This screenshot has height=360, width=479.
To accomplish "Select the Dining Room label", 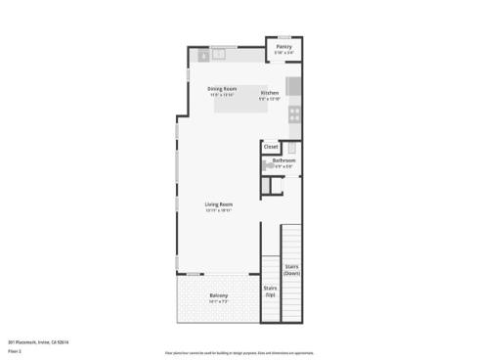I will click(x=222, y=89).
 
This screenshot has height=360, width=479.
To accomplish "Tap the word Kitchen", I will click(x=270, y=93).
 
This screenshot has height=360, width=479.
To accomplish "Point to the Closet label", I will click(x=272, y=147).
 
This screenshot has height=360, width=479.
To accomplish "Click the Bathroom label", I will click(x=283, y=160).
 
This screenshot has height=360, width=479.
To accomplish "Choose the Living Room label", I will click(x=218, y=204).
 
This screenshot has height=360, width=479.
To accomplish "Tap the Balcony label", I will click(x=218, y=295).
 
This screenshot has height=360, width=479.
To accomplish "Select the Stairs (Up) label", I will click(x=270, y=291).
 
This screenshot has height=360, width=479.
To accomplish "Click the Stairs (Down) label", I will click(x=291, y=269).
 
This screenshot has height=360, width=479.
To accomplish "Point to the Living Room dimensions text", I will click(x=218, y=210).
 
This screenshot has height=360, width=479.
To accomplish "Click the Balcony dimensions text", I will click(x=218, y=301).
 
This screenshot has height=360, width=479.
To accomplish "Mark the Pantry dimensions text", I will click(x=284, y=53).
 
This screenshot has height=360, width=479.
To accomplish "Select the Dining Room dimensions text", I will click(x=222, y=95).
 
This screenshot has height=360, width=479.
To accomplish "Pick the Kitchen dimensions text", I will click(x=270, y=99).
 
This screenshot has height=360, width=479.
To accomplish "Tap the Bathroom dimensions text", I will click(x=283, y=166).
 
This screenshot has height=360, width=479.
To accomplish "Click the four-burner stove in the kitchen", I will click(x=294, y=112).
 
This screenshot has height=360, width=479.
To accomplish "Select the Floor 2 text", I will click(x=15, y=350).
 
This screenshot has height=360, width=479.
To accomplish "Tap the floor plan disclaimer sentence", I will click(x=239, y=351).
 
